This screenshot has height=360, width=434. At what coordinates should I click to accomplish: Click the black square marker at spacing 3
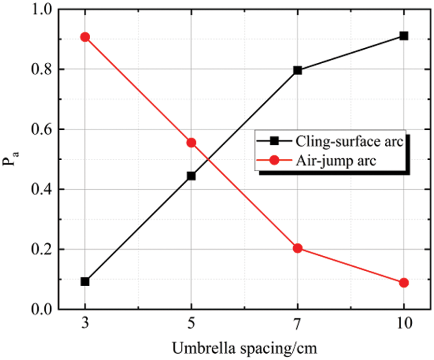point(85,281)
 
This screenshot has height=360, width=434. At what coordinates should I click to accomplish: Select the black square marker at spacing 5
point(191,176)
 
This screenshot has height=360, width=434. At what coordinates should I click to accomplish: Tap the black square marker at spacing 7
point(298,70)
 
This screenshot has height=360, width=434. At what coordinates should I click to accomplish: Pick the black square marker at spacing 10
point(404,36)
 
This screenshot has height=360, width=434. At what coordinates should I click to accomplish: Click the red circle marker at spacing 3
point(85,37)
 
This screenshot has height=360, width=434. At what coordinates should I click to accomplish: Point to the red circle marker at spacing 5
point(191,142)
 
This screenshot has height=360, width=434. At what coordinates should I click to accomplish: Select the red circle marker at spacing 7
point(298,248)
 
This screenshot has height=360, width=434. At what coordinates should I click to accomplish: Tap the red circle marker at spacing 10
point(404,282)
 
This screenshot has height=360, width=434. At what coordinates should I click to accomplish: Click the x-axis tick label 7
point(298,324)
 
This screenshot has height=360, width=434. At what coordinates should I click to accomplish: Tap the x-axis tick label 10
point(404,324)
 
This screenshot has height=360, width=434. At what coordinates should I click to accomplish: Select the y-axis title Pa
point(11,160)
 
